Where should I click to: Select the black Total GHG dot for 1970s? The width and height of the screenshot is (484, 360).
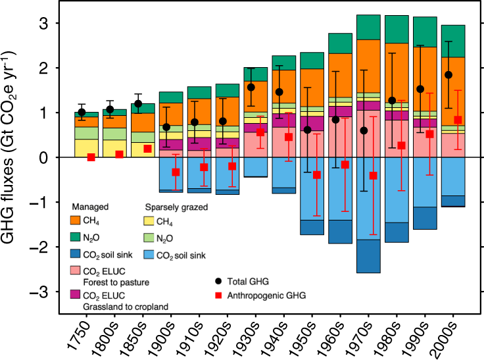coord(364,130)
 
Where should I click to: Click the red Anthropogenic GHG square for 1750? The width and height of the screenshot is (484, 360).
coord(91,157)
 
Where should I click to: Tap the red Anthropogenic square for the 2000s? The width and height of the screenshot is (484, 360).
coord(458,120)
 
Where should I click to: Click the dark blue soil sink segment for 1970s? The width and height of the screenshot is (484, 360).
coord(369,256)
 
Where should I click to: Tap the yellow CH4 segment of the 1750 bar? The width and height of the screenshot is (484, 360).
coord(86,148)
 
